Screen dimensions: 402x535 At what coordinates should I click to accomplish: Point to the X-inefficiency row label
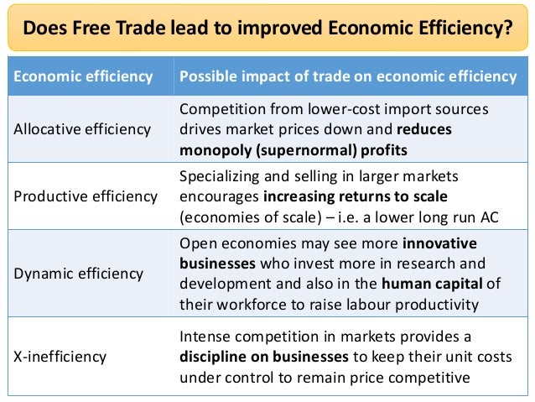click(x=60, y=356)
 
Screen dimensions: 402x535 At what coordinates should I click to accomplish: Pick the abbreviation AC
click(x=488, y=217)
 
